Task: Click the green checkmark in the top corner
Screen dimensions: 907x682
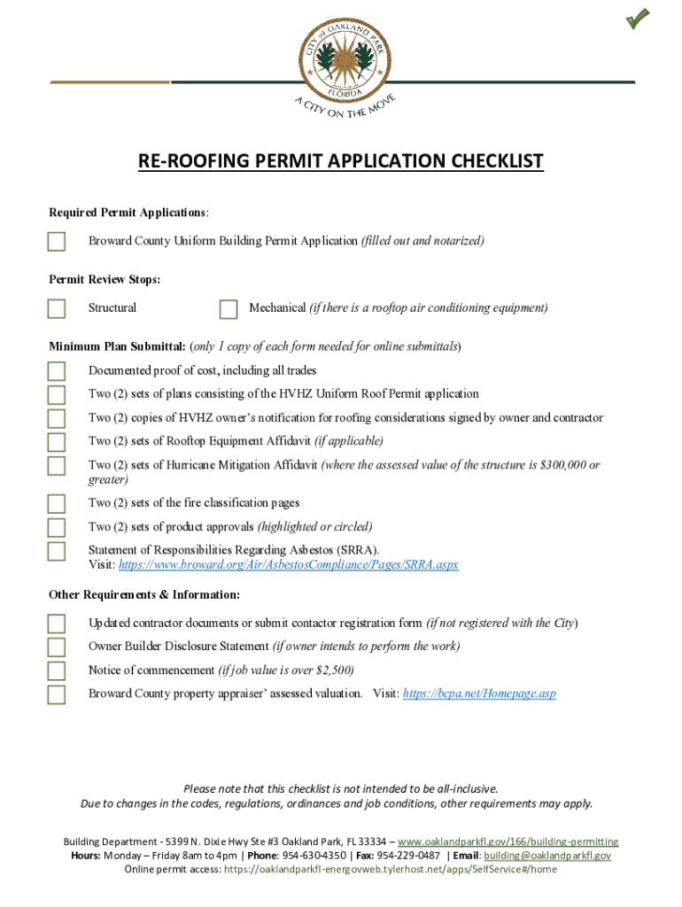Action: pyautogui.click(x=638, y=18)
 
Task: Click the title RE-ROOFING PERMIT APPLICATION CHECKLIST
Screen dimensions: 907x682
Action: pyautogui.click(x=340, y=161)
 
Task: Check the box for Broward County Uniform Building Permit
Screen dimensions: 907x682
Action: pyautogui.click(x=57, y=242)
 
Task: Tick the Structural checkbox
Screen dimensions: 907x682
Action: pyautogui.click(x=57, y=308)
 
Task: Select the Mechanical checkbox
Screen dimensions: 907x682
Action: pyautogui.click(x=229, y=308)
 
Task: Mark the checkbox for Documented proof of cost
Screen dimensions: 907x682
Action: pyautogui.click(x=57, y=370)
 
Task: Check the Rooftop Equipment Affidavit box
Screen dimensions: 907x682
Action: pyautogui.click(x=57, y=442)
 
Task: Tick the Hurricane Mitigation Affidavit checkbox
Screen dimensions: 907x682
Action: pyautogui.click(x=57, y=466)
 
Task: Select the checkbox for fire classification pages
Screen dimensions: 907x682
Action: pyautogui.click(x=57, y=504)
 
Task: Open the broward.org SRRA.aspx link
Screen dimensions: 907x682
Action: pyautogui.click(x=289, y=565)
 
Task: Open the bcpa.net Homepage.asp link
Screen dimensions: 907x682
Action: pyautogui.click(x=479, y=694)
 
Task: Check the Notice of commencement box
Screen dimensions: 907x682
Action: pyautogui.click(x=57, y=671)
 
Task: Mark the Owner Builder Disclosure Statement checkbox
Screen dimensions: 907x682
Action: pyautogui.click(x=57, y=647)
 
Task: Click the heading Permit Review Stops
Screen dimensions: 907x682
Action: pyautogui.click(x=105, y=280)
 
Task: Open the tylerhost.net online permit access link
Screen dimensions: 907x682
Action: pyautogui.click(x=391, y=870)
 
